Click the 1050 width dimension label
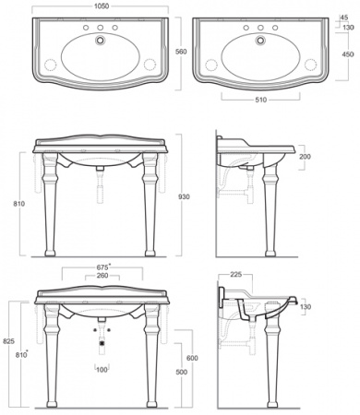(x=102, y=6)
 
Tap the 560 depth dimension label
(x=181, y=52)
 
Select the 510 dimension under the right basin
(x=260, y=100)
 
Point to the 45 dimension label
(x=343, y=18)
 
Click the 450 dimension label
(x=348, y=54)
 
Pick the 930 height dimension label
(x=184, y=196)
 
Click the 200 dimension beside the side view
(x=305, y=157)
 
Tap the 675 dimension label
(x=102, y=267)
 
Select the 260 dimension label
(x=102, y=276)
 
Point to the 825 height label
(x=9, y=341)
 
